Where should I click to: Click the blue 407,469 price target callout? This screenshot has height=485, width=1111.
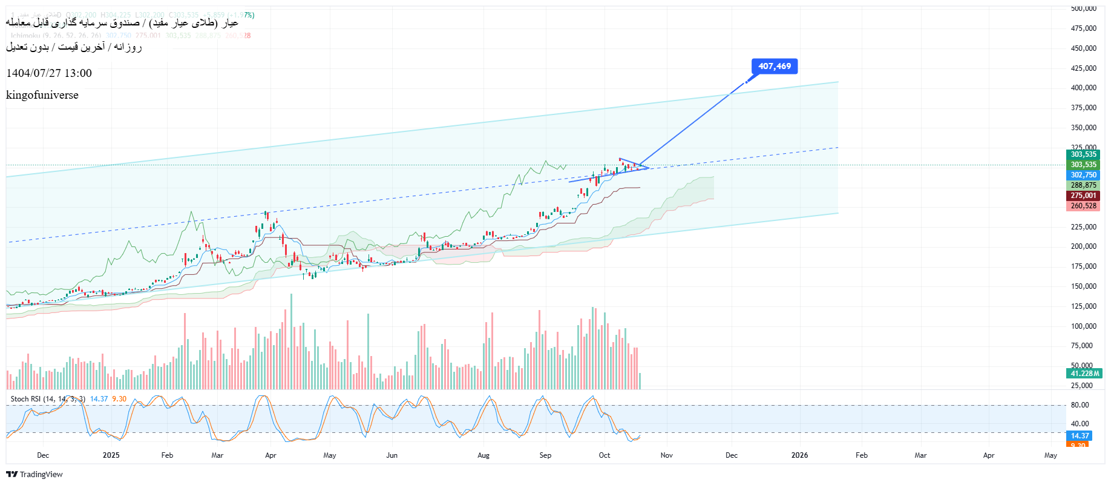tap(774, 67)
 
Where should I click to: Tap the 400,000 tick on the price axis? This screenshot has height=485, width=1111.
tap(1083, 88)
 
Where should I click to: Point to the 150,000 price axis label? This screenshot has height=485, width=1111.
tap(1083, 286)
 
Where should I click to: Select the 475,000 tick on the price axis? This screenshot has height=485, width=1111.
tap(1083, 28)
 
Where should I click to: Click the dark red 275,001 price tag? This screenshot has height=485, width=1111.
tap(1083, 196)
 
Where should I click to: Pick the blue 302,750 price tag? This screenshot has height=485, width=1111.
tap(1083, 175)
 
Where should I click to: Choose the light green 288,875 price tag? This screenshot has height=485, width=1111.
tap(1083, 185)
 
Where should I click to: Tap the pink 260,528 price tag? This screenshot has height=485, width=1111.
tap(1083, 206)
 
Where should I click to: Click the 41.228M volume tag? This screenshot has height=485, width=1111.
tap(1084, 374)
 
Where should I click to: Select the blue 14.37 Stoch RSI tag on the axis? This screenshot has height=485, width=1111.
tap(1080, 436)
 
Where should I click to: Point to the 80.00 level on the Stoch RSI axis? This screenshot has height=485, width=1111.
tap(1080, 405)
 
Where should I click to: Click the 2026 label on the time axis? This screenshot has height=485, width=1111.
tap(799, 455)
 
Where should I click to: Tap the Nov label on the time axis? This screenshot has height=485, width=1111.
tap(666, 455)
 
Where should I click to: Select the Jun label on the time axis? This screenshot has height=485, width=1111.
tap(392, 455)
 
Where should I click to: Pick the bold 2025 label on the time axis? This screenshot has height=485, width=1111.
tap(111, 455)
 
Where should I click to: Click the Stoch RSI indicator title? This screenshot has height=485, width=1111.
tap(48, 399)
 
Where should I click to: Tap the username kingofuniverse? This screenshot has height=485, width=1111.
tap(42, 95)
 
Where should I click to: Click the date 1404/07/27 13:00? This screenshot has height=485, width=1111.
tap(49, 73)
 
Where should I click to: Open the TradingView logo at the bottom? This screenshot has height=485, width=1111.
tap(34, 474)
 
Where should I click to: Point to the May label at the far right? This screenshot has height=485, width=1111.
tap(1050, 455)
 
